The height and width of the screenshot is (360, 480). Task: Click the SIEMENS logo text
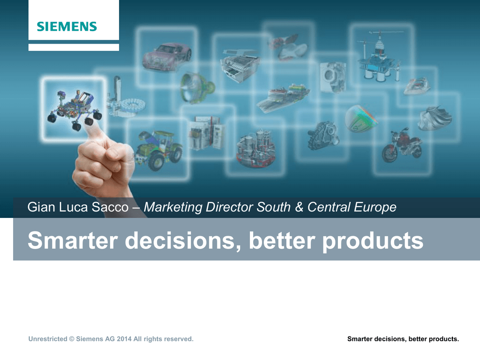coord(67,27)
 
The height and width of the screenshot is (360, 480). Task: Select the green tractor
coord(158,150)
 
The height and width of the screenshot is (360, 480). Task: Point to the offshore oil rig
coord(379,57)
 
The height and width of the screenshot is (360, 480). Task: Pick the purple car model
coord(167,56)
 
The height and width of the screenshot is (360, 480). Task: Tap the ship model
coord(283,97)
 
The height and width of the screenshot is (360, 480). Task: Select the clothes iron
coord(417,86)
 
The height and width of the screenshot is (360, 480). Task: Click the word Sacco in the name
coord(110,207)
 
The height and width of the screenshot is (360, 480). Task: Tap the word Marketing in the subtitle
coord(173,208)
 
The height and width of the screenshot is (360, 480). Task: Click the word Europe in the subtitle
coord(375,208)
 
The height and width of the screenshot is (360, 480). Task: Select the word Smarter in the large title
coord(73,240)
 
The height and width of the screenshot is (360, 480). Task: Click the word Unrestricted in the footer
coord(48,339)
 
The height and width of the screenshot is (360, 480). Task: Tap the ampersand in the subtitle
coord(299,207)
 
